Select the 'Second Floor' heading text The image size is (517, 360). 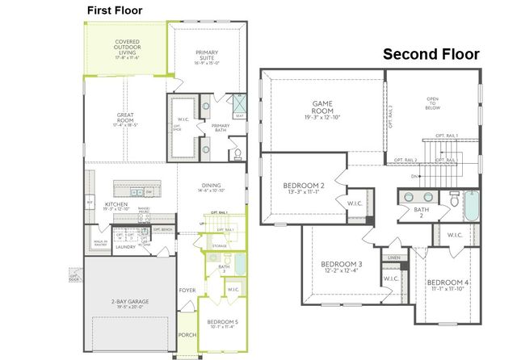pyautogui.click(x=431, y=55)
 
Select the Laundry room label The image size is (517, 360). pyautogui.click(x=124, y=247)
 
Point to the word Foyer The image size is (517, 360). pyautogui.click(x=187, y=291)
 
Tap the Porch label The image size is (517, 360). pyautogui.click(x=187, y=335)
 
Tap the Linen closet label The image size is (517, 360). pyautogui.click(x=394, y=257)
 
